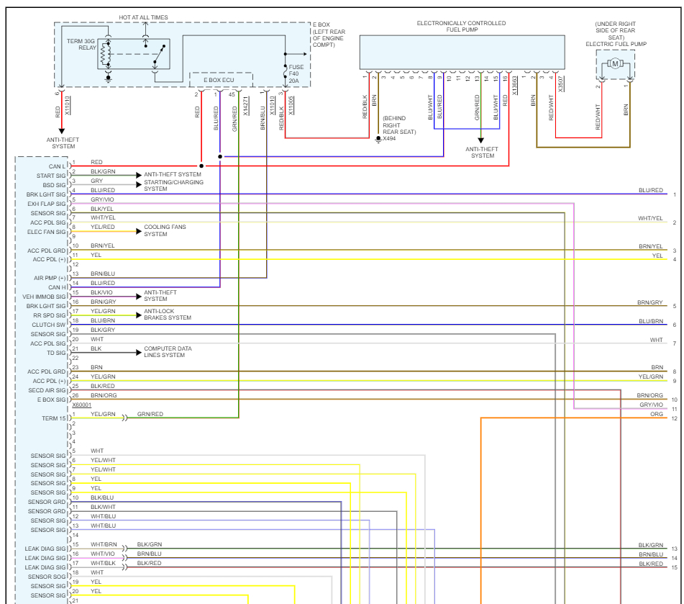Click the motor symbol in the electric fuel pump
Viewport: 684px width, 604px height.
tap(615, 64)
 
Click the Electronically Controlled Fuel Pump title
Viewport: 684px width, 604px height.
tap(461, 27)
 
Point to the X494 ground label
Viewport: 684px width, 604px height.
tap(389, 138)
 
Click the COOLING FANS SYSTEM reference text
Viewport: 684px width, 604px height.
tap(165, 230)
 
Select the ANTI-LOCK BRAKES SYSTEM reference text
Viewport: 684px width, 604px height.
tap(168, 315)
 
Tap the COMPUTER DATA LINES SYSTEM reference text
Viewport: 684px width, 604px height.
tap(169, 352)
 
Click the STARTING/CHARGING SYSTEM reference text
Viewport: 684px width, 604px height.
tap(173, 185)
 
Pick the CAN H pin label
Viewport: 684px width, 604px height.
tap(56, 287)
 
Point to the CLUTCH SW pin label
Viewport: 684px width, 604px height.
tap(49, 325)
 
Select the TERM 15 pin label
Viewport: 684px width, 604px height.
tap(54, 418)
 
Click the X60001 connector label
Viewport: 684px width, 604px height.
tap(81, 405)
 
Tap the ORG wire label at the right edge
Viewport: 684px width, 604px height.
tap(656, 415)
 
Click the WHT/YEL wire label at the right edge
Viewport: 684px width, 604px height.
tap(650, 218)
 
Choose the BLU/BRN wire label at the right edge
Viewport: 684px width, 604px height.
tap(650, 321)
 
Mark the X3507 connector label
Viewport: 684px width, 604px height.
tap(561, 84)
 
